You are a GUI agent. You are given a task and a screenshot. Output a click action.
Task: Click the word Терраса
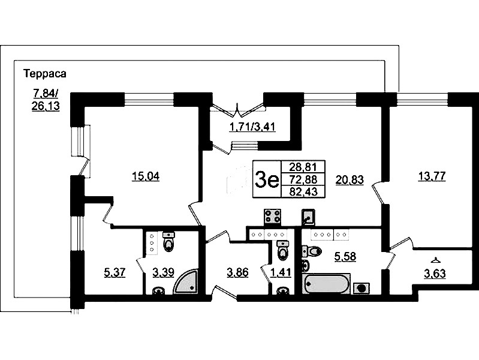click(x=45, y=74)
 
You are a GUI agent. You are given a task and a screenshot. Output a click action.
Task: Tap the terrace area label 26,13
click(x=46, y=106)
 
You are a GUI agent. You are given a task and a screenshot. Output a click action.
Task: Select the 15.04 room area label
click(x=146, y=176)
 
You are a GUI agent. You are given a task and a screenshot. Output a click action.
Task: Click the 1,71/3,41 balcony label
click(x=252, y=127)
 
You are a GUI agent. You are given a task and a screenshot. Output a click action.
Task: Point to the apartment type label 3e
click(x=267, y=180)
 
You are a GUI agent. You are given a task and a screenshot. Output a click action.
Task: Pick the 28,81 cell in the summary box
click(x=303, y=167)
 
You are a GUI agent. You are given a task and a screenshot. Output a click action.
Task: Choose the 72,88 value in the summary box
click(x=303, y=179)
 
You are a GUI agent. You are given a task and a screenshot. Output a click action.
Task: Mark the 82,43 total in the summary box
click(x=303, y=192)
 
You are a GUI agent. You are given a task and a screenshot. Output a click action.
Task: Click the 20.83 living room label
click(x=350, y=180)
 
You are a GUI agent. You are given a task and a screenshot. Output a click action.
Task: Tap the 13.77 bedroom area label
click(x=432, y=176)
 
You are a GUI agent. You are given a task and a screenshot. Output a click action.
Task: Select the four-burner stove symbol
click(x=273, y=216)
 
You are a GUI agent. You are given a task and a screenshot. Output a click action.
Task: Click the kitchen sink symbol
click(x=308, y=217)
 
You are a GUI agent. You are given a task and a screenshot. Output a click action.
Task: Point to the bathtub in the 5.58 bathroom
click(x=326, y=284)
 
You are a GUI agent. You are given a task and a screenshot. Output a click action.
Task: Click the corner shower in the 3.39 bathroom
click(x=186, y=281)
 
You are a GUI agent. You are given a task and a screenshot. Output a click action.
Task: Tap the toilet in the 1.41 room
click(x=282, y=250)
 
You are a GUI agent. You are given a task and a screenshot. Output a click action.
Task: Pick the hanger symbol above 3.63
click(x=435, y=260)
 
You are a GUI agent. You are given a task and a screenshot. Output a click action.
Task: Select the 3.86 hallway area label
click(x=238, y=272)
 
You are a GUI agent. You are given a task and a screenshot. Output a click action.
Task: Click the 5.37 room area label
click(x=115, y=272)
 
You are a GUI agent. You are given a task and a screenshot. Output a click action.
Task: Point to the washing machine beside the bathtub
click(x=361, y=288)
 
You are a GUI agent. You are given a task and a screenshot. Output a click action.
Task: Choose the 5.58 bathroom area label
click(x=345, y=256)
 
